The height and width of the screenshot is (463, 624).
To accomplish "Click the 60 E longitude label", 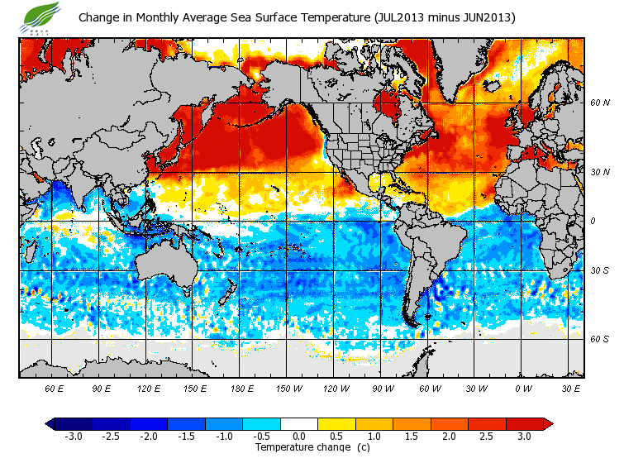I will click(55, 389).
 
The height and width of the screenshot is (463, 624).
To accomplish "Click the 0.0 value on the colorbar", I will click(299, 437).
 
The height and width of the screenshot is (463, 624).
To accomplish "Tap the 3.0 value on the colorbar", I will click(524, 437).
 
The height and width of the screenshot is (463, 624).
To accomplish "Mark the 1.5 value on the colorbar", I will click(412, 437).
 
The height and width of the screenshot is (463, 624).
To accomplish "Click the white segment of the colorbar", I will click(299, 424).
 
